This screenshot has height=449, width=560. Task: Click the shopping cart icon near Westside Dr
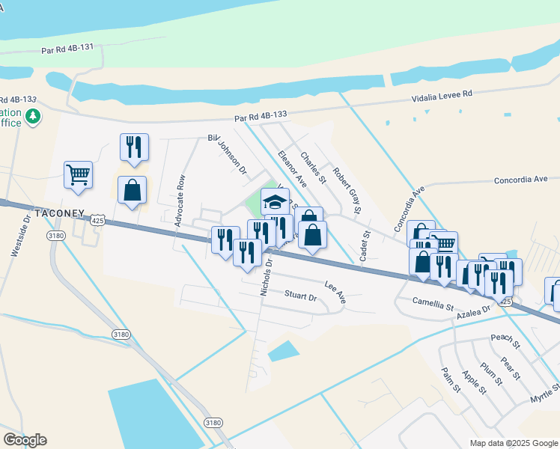tap(78, 175)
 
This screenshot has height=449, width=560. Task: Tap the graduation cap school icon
tap(275, 201)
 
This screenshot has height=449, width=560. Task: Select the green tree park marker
tap(32, 117)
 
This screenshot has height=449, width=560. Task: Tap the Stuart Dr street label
tap(301, 296)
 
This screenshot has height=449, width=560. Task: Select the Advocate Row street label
tap(180, 201)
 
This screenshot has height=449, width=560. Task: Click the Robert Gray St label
tap(348, 191)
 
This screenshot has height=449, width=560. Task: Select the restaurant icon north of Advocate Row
tap(134, 147)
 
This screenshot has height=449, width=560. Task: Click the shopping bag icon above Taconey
tap(132, 190)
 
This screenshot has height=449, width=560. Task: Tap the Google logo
tap(25, 440)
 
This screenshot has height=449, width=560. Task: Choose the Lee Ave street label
tap(335, 292)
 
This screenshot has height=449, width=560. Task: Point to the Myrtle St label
tap(545, 392)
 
